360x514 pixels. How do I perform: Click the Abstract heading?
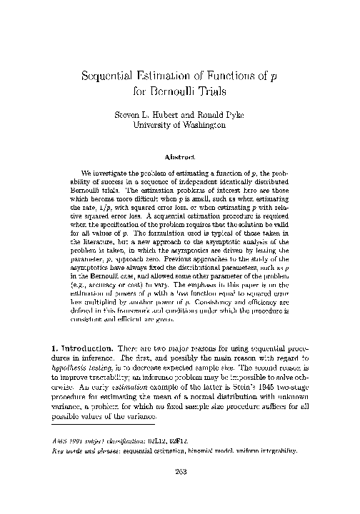(180, 156)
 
